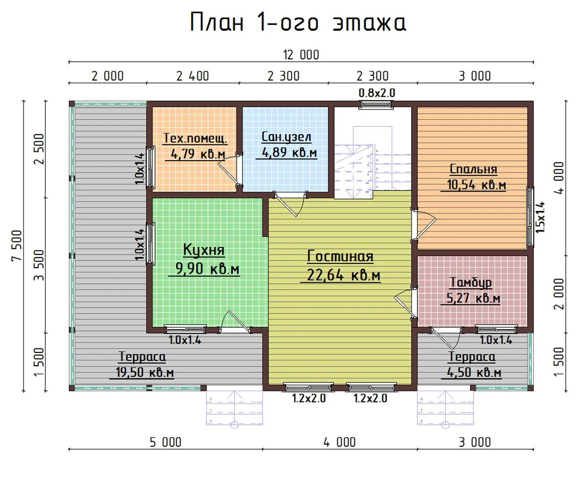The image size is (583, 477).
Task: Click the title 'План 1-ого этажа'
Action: coord(298,22)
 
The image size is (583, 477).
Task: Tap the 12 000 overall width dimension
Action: coord(301,55)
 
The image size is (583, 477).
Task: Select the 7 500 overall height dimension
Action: coord(17,246)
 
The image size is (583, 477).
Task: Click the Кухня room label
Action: coord(204,250)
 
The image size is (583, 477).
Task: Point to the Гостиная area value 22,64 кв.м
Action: coord(344,275)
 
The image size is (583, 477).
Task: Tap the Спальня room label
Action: coord(473,169)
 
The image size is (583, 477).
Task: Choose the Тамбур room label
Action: coord(471,282)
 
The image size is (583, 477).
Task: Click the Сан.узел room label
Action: coord(286,136)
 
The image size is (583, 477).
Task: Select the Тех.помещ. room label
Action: coord(195,138)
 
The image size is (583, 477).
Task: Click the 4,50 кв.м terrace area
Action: coord(474,372)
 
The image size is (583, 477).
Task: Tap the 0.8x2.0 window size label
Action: coord(377,93)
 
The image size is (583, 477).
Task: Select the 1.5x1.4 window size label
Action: coord(540,217)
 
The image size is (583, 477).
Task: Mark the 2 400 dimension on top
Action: coord(193,76)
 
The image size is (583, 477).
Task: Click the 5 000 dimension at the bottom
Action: coord(165,443)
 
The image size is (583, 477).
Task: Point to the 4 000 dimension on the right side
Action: coord(559,178)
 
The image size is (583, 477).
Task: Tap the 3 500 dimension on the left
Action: coord(39,265)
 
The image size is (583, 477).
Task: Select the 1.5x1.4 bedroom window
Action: coord(530,217)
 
